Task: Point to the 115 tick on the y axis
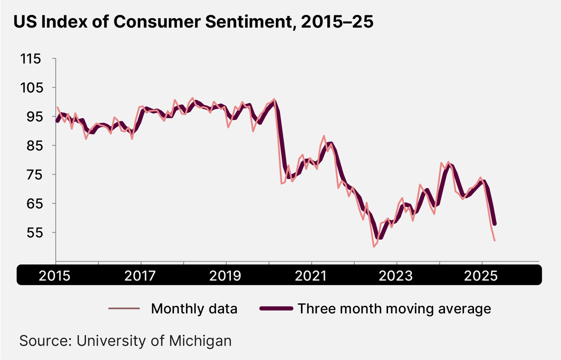point(31,59)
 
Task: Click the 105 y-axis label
point(31,88)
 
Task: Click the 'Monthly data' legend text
point(194,309)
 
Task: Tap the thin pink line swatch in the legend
point(124,309)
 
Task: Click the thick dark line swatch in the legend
point(277,309)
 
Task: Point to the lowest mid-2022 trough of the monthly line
point(374,246)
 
